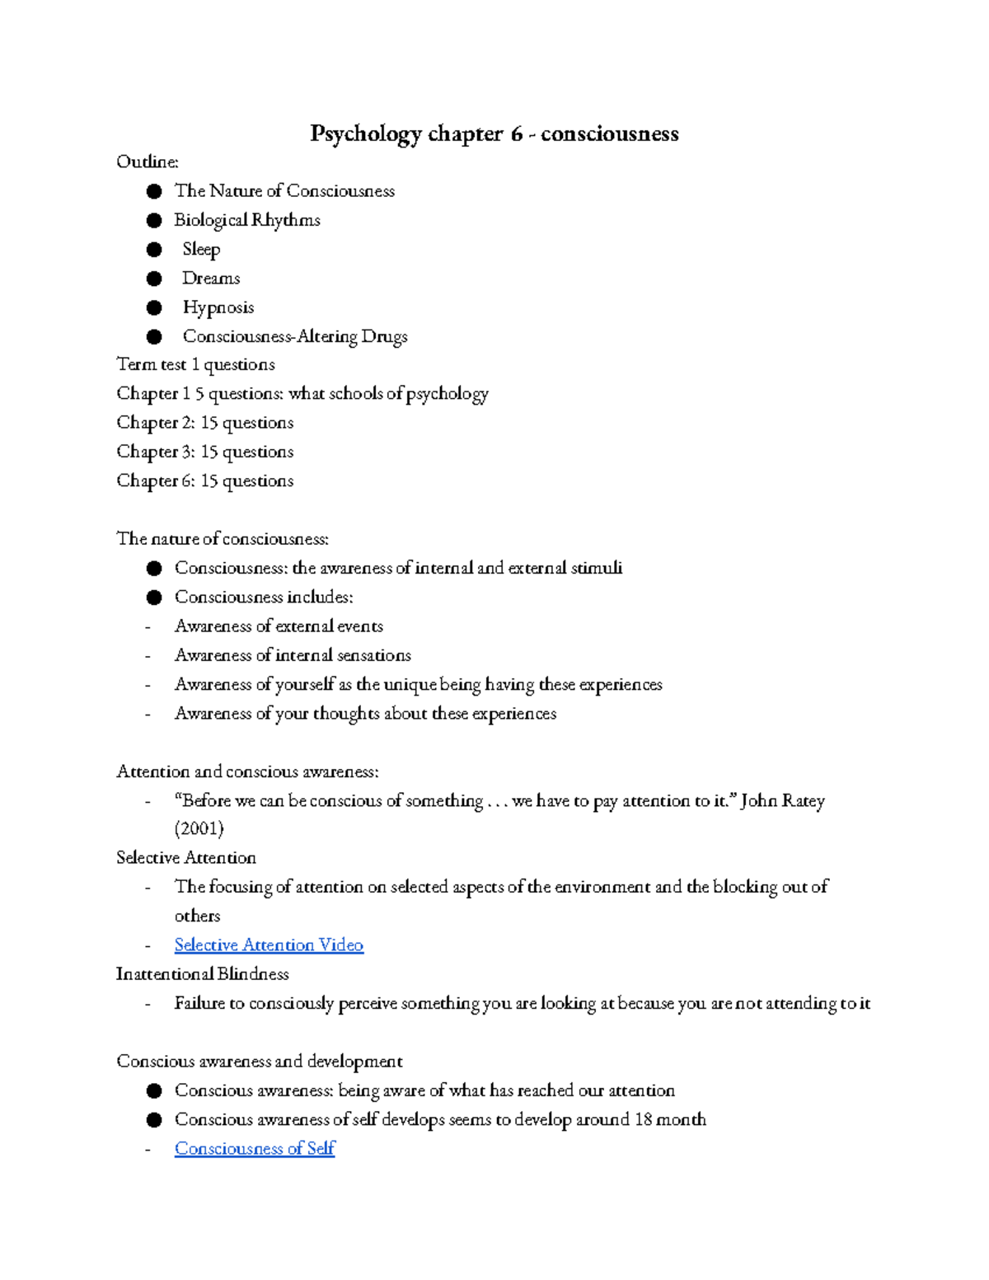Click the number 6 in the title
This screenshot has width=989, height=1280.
[x=516, y=134]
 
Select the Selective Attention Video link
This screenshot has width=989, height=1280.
[x=269, y=945]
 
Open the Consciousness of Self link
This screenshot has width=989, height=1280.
[x=255, y=1148]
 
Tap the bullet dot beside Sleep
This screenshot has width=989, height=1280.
[x=154, y=250]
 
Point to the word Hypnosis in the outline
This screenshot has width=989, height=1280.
[x=218, y=307]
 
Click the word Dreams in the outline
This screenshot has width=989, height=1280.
[x=211, y=279]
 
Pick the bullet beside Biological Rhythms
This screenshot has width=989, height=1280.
[x=154, y=221]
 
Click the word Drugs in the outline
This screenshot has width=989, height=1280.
[x=384, y=336]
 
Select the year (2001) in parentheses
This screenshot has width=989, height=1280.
[x=199, y=828]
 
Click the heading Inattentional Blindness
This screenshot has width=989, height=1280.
[x=203, y=974]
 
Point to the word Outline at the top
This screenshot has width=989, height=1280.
[x=147, y=162]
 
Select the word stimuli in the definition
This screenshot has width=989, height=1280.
[x=597, y=568]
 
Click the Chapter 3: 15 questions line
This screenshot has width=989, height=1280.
[x=205, y=452]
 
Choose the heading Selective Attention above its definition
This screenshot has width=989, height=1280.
[x=186, y=858]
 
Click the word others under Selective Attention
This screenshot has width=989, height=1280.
[x=197, y=916]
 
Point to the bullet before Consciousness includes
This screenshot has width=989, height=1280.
[x=154, y=598]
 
